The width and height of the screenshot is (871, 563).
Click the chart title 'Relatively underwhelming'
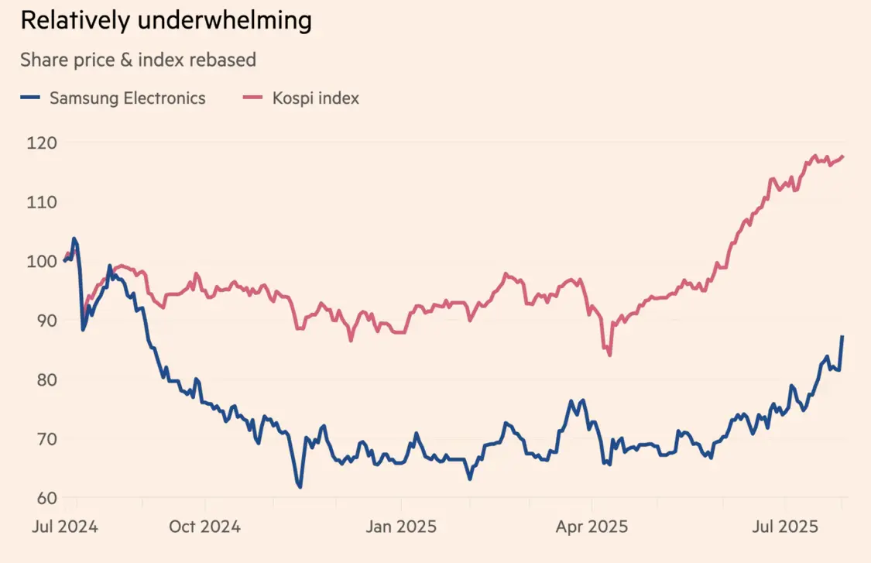click(166, 21)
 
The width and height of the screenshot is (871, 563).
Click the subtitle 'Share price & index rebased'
click(138, 60)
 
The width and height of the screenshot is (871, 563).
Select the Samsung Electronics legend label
click(128, 98)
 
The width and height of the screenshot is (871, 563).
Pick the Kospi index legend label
click(315, 98)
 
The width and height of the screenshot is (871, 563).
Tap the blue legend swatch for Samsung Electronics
click(30, 98)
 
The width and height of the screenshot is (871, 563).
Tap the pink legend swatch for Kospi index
click(253, 98)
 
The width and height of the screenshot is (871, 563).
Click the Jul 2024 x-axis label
click(65, 527)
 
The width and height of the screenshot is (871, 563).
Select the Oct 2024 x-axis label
click(204, 527)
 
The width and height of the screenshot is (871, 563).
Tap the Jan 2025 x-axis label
click(401, 527)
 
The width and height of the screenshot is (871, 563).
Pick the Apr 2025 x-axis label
click(592, 527)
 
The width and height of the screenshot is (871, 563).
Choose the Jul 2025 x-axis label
click(785, 527)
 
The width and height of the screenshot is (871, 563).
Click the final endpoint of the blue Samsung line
click(842, 336)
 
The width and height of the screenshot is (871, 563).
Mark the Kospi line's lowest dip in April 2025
click(610, 355)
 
